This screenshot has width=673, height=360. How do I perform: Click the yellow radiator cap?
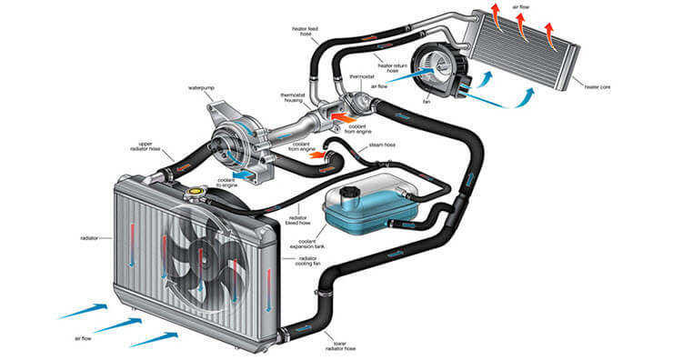pyautogui.click(x=196, y=191)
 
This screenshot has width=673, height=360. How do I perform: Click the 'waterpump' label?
pyautogui.click(x=201, y=88)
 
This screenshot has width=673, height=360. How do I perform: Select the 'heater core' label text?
pyautogui.click(x=597, y=87)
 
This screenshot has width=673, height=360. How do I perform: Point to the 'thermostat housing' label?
pyautogui.click(x=291, y=97)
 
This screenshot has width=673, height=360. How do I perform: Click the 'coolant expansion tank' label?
pyautogui.click(x=307, y=245)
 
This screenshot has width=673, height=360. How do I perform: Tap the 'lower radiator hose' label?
pyautogui.click(x=341, y=345)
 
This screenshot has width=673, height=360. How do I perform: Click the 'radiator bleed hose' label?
pyautogui.click(x=298, y=220)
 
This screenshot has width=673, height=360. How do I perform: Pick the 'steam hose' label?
pyautogui.click(x=382, y=145)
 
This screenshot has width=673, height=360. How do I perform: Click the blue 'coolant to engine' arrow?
pyautogui.click(x=243, y=175)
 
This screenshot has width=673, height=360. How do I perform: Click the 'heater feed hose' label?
pyautogui.click(x=306, y=31)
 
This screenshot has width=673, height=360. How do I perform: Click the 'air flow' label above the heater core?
pyautogui.click(x=521, y=7)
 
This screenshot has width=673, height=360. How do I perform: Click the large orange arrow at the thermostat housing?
pyautogui.click(x=344, y=116)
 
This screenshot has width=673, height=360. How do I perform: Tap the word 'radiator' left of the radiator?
pyautogui.click(x=89, y=237)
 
